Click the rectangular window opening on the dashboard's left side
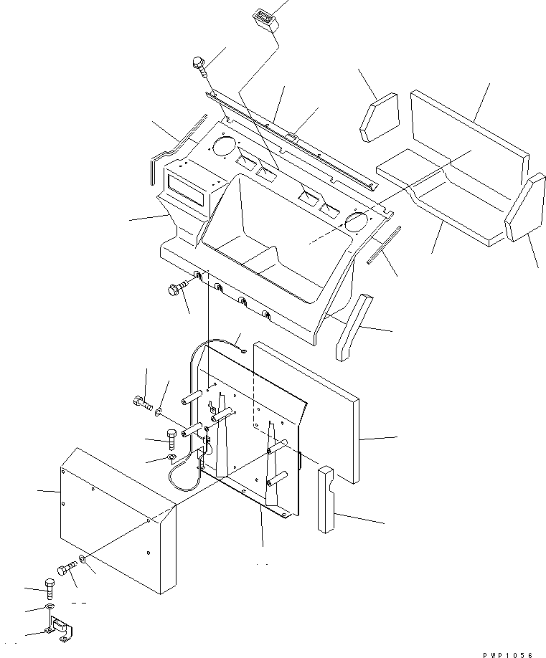(187, 189)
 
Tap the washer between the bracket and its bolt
(49, 608)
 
